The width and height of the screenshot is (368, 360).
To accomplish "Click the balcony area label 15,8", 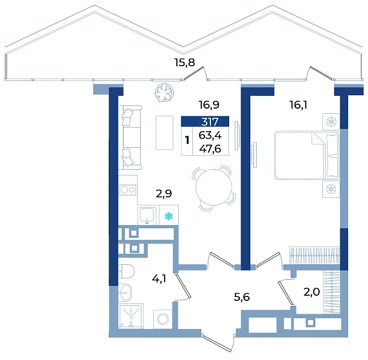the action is [x=185, y=62].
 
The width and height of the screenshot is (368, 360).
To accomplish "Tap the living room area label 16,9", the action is [x=209, y=105].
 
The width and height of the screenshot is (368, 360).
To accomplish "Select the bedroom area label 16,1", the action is [x=299, y=105].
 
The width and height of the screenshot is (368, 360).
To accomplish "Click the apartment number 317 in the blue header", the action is [x=210, y=122].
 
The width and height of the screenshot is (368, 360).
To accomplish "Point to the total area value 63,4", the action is [x=210, y=136].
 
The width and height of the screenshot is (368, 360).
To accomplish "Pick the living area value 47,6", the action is [x=210, y=148].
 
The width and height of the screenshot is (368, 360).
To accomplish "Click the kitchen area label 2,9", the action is [x=164, y=194].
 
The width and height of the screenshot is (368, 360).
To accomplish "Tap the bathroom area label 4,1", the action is [x=159, y=278].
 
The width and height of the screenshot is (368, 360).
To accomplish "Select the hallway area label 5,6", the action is [x=242, y=297].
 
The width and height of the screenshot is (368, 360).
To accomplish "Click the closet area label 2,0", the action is [x=311, y=292].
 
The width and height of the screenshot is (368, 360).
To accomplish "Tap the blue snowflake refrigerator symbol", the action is [x=169, y=216].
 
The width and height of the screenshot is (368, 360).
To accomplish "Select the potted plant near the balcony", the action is [x=164, y=93].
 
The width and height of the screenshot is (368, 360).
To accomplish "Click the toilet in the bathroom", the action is [x=126, y=271].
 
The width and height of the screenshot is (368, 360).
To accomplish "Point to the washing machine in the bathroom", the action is [x=163, y=319].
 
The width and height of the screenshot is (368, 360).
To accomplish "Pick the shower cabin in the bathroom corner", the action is [x=131, y=316].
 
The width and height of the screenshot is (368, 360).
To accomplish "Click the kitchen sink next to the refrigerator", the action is [x=147, y=215].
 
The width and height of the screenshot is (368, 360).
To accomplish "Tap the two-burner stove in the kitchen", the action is [x=127, y=190].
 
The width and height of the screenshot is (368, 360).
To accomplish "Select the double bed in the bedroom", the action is [x=307, y=156].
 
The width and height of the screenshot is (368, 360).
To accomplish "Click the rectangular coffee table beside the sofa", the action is [x=165, y=132].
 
